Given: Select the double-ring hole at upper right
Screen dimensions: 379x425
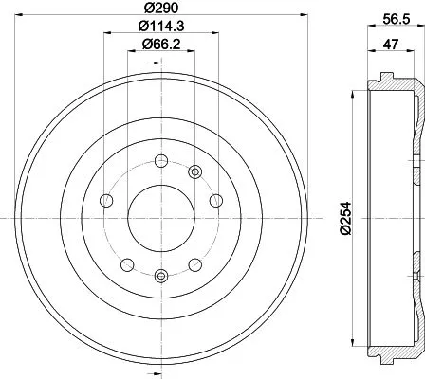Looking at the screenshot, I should coord(195,171).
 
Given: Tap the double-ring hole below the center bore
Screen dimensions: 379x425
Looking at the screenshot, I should coord(159,276).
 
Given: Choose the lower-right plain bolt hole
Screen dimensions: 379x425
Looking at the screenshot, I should coord(194,265).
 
